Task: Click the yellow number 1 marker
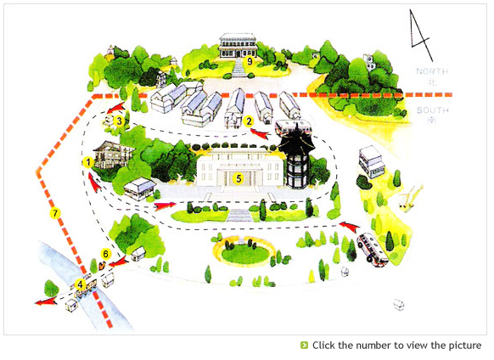tap(88, 163)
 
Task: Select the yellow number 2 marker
tap(249, 121)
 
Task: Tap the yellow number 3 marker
tap(119, 121)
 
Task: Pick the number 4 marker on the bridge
tap(81, 284)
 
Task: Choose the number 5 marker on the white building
tap(239, 179)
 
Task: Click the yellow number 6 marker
tap(105, 254)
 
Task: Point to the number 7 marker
tap(55, 213)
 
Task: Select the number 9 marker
tap(250, 61)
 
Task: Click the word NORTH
tap(432, 71)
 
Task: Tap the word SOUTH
tap(433, 110)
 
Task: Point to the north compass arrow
tap(420, 35)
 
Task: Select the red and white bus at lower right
tap(373, 250)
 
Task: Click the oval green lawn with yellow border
tap(243, 251)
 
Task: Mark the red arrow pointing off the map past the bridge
tap(46, 302)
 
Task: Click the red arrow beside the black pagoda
tap(260, 133)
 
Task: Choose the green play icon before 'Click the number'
tap(304, 346)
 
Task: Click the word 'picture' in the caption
tap(465, 346)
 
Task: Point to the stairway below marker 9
tap(239, 68)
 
